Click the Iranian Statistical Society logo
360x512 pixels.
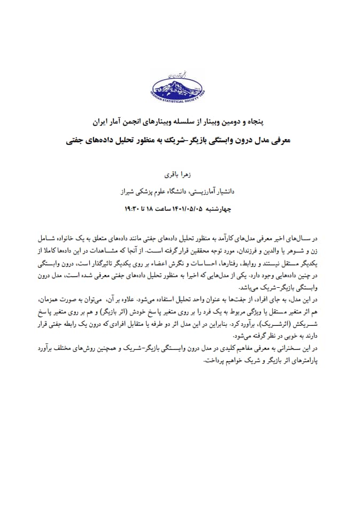(x=180, y=86)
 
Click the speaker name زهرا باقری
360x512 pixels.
(x=180, y=175)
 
